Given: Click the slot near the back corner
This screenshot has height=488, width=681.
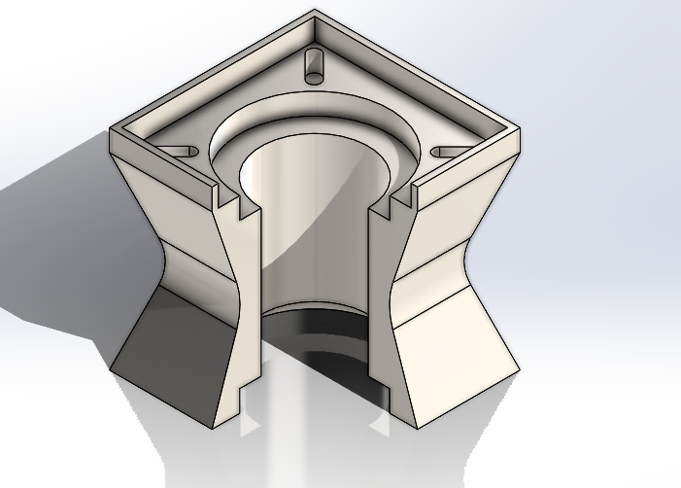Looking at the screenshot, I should [x=314, y=63].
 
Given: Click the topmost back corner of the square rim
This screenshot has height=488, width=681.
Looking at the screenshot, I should [x=314, y=12].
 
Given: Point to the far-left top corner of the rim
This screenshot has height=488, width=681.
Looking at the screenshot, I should [x=110, y=126].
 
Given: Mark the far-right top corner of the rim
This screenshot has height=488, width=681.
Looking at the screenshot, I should [x=520, y=128].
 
